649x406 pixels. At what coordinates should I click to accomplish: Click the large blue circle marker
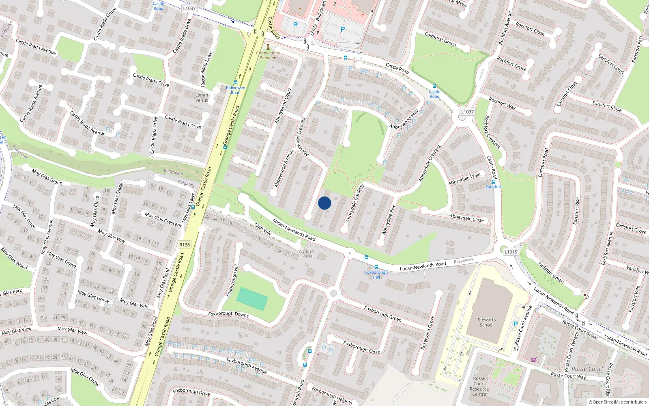(324, 203)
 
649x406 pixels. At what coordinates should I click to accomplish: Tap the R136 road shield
(185, 244)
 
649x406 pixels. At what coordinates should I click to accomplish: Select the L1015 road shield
(511, 252)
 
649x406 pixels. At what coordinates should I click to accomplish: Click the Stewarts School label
(486, 322)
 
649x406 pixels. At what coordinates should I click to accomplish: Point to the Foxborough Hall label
(376, 274)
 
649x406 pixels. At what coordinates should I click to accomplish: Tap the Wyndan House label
(306, 253)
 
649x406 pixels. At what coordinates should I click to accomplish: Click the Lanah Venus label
(202, 97)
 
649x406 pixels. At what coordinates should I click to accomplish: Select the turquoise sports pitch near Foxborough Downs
(252, 299)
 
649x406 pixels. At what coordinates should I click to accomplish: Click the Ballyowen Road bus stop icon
(235, 82)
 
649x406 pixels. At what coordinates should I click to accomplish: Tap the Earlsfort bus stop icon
(494, 182)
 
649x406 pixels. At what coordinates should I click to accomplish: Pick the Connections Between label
(268, 55)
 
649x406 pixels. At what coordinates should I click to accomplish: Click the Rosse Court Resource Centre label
(479, 386)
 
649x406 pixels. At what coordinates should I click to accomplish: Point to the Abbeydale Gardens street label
(355, 203)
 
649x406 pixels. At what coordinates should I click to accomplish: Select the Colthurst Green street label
(440, 39)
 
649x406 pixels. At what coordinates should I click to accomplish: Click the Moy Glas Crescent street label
(163, 219)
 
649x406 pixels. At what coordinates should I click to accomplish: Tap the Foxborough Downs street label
(228, 314)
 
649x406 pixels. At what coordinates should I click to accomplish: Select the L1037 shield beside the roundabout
(467, 112)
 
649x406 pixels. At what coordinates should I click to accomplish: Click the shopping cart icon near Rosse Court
(533, 359)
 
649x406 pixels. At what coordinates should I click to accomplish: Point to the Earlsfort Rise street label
(577, 211)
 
